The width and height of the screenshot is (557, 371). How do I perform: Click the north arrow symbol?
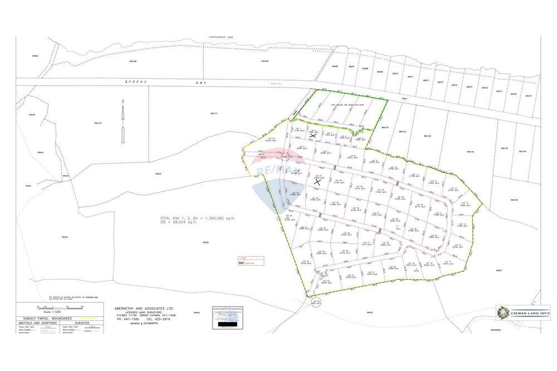point(123,111)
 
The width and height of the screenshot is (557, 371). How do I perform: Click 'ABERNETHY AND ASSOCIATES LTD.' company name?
point(144,308)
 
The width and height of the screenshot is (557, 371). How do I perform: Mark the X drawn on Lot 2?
point(313,135)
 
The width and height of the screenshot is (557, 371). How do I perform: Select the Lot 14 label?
point(465,204)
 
